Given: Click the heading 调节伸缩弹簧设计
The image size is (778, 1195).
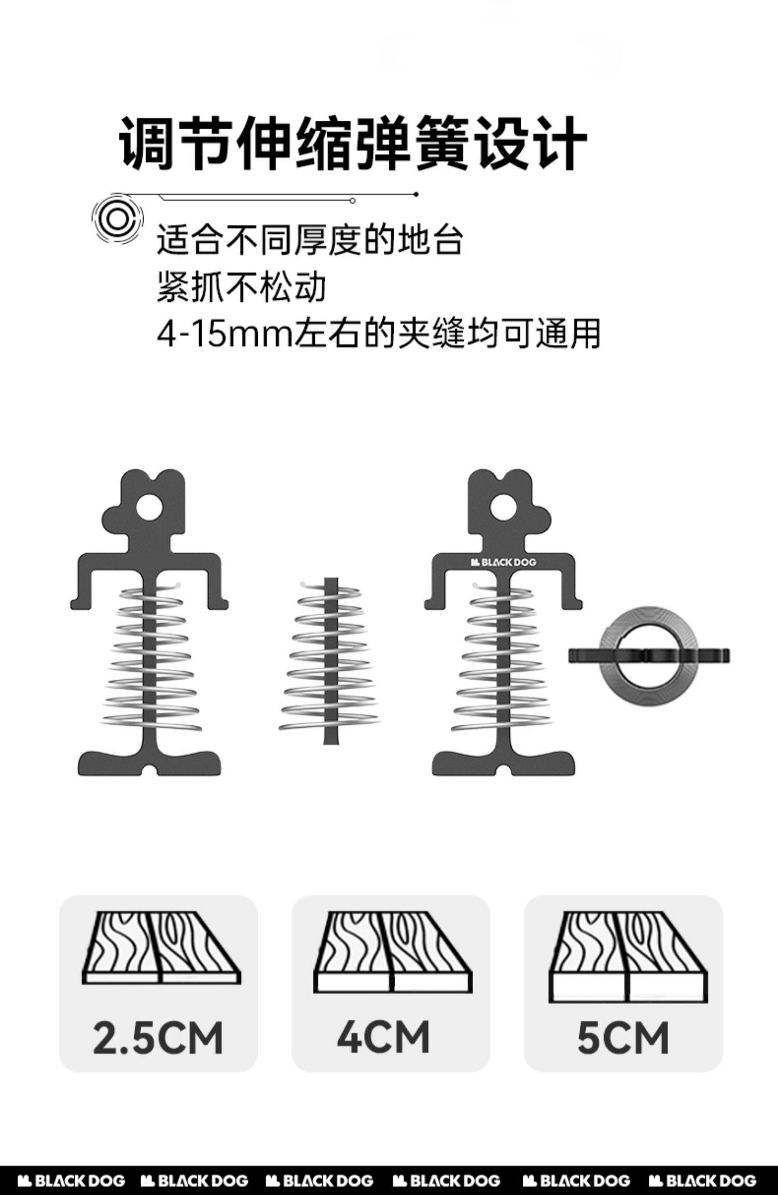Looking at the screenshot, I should tap(353, 143).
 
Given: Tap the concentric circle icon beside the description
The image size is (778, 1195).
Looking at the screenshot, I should tap(117, 220).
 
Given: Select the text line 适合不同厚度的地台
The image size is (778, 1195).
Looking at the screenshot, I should tap(309, 240).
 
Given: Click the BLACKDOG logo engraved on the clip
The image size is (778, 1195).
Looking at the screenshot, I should tap(503, 562).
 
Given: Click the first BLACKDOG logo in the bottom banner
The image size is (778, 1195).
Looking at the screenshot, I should tap(72, 1180).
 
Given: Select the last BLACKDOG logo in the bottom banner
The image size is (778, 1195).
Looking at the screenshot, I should tap(702, 1180).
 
